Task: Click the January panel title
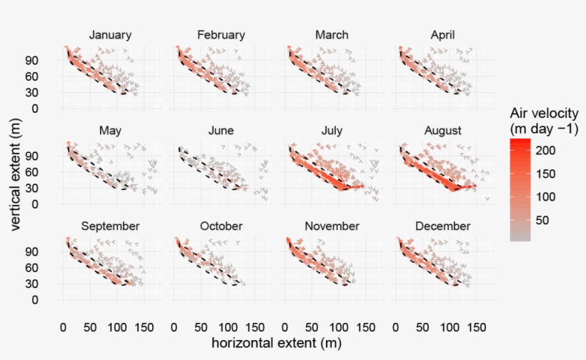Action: pyautogui.click(x=110, y=35)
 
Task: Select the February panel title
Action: pyautogui.click(x=221, y=35)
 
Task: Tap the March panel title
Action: pyautogui.click(x=332, y=35)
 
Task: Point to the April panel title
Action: pyautogui.click(x=442, y=35)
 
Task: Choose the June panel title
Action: pyautogui.click(x=221, y=131)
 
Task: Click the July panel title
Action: pyautogui.click(x=332, y=131)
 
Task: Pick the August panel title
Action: pyautogui.click(x=442, y=131)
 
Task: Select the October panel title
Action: pyautogui.click(x=221, y=226)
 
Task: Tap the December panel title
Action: pyautogui.click(x=442, y=226)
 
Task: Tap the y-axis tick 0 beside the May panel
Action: pyautogui.click(x=51, y=204)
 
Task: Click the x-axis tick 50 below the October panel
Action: pyautogui.click(x=202, y=326)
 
